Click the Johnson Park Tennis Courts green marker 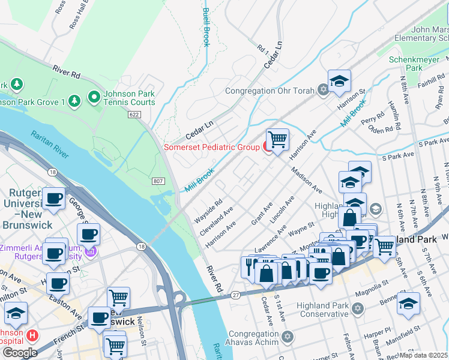coord(94,97)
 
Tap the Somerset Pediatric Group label coord(211,147)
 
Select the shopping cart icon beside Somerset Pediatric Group coord(277,140)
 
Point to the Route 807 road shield coord(157,181)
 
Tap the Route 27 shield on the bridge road coord(235,294)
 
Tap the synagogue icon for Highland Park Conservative coord(357,309)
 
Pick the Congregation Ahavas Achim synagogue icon coord(287,338)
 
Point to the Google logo coord(19,353)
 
